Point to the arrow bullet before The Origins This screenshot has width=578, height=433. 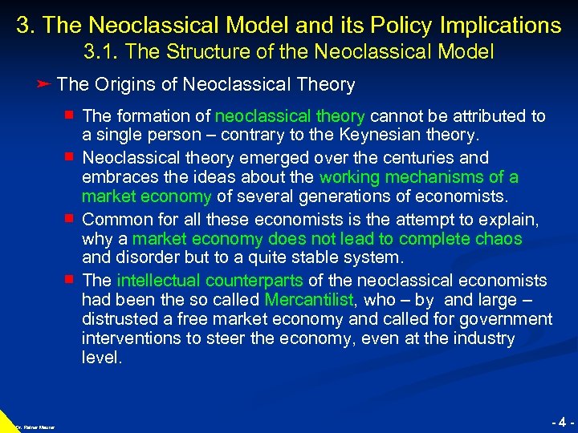click(x=45, y=84)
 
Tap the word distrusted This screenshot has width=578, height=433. click(x=118, y=319)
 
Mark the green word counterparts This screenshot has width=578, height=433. click(x=254, y=281)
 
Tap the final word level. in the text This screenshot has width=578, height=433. click(x=102, y=358)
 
